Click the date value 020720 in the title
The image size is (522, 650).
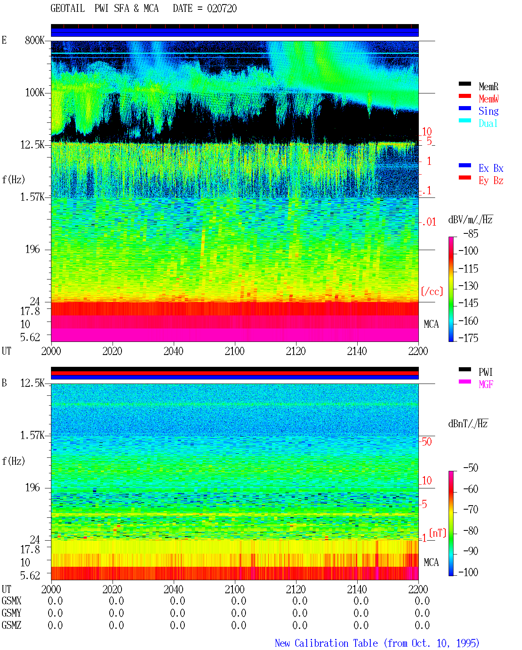click(x=221, y=9)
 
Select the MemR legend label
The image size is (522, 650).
click(x=488, y=87)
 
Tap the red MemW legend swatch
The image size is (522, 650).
click(x=464, y=96)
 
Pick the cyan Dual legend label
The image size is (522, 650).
click(x=488, y=124)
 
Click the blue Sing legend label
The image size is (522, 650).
click(x=488, y=111)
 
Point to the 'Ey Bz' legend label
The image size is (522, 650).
click(x=491, y=181)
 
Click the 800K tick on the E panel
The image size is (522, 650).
click(x=35, y=40)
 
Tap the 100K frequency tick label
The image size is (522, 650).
click(x=35, y=93)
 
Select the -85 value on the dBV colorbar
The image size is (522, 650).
click(x=471, y=234)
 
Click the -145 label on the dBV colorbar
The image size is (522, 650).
click(x=468, y=303)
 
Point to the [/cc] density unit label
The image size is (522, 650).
click(x=432, y=291)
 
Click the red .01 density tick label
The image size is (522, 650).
click(x=429, y=222)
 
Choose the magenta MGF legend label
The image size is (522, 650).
click(x=486, y=384)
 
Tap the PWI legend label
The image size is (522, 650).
click(x=485, y=372)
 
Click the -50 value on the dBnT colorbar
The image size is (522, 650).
click(x=471, y=468)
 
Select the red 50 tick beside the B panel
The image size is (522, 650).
click(x=427, y=442)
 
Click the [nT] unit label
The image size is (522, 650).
click(x=438, y=532)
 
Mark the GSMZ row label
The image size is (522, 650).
click(x=11, y=625)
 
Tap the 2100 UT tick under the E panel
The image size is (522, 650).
click(x=234, y=351)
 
